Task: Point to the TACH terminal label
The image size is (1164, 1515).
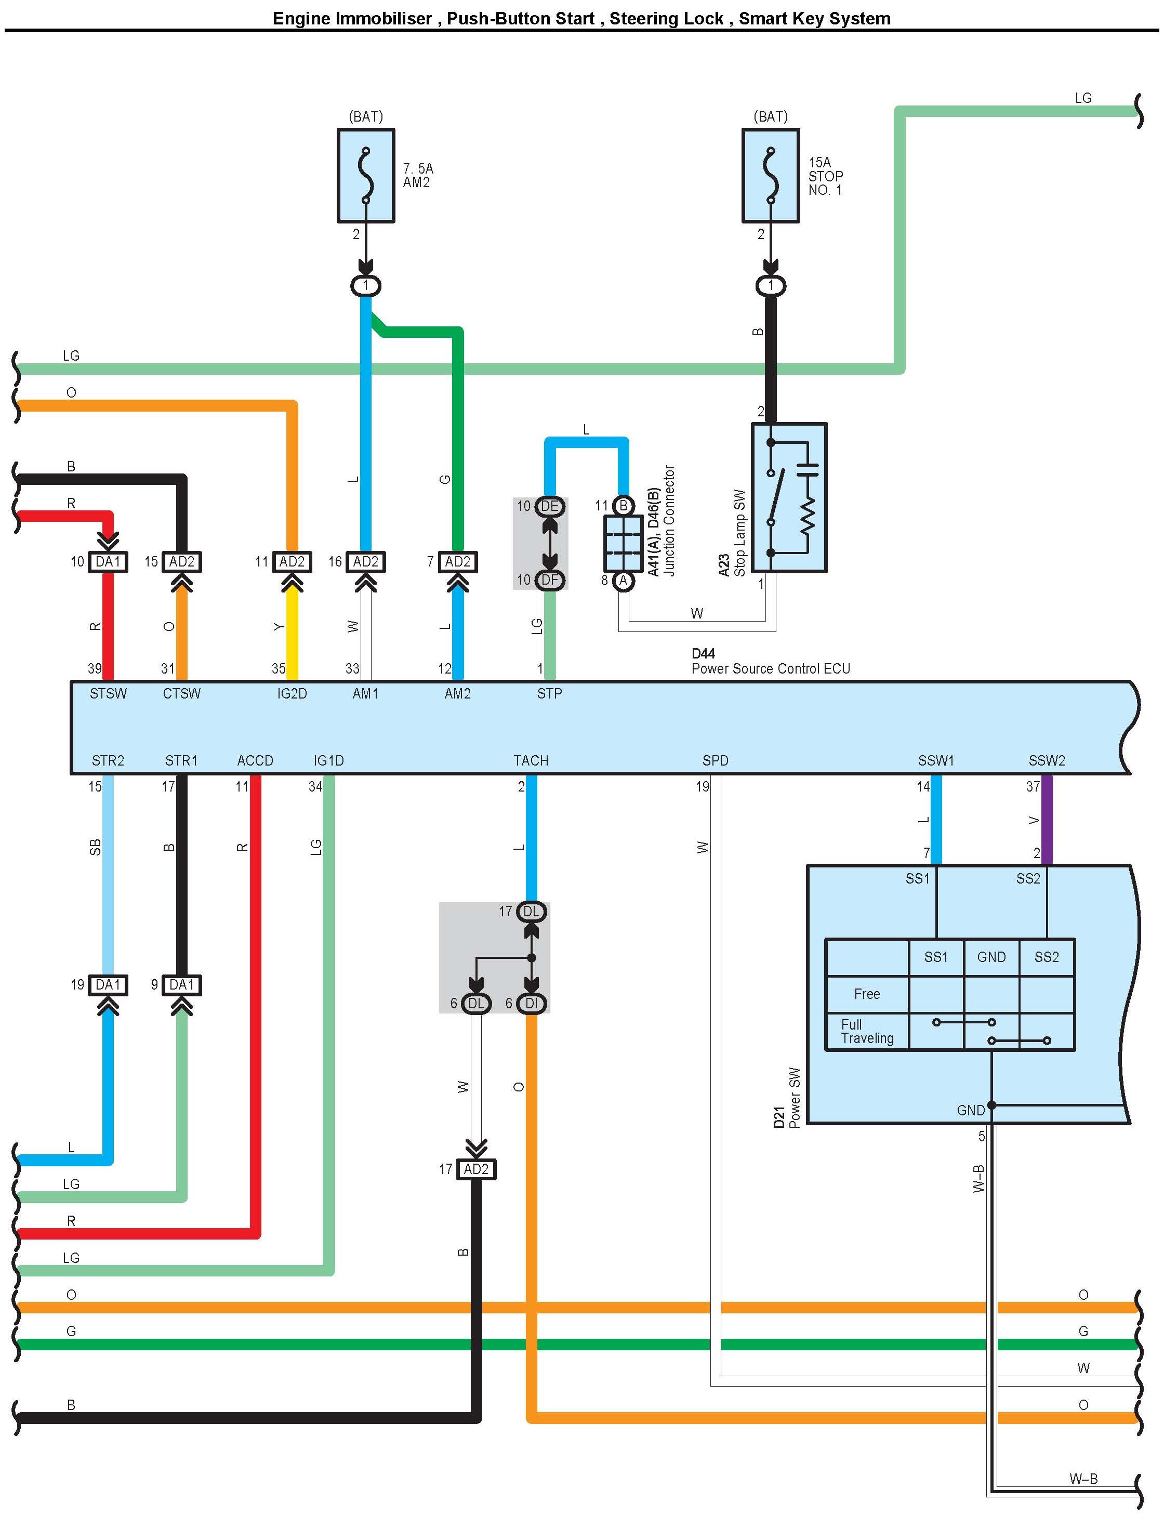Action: tap(531, 760)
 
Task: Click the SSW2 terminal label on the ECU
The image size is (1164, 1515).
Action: tap(1046, 760)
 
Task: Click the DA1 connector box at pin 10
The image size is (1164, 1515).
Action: tap(108, 561)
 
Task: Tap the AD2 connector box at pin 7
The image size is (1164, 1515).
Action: tap(457, 561)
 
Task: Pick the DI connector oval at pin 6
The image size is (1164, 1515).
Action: tap(532, 1003)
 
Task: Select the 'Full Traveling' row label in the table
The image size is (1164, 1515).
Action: tap(867, 1031)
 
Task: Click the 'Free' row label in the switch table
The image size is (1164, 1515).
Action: tap(867, 994)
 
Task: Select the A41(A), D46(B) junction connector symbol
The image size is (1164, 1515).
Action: tap(623, 543)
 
